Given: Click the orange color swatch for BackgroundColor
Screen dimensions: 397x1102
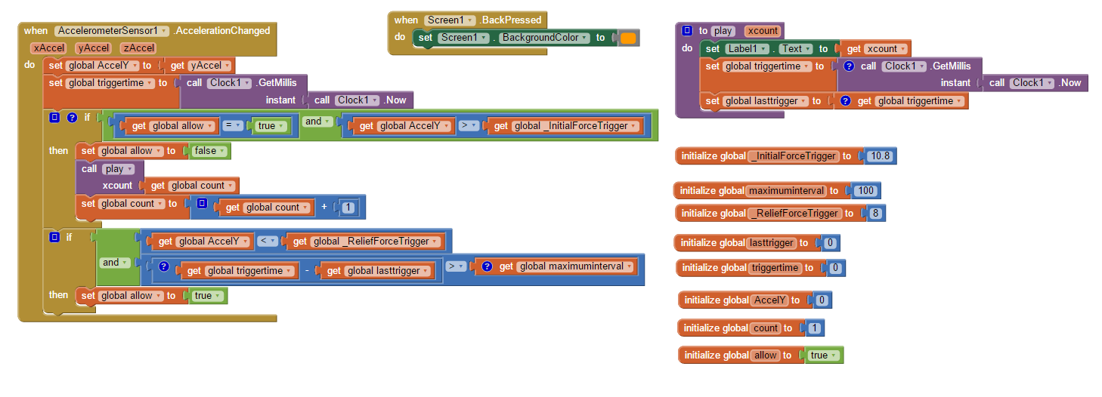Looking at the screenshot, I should click(629, 38).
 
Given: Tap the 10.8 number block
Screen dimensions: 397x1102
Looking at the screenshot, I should click(880, 156).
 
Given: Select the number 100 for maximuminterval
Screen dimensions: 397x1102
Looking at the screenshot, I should click(865, 190).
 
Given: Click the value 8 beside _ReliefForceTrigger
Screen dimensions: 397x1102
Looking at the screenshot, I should click(875, 213).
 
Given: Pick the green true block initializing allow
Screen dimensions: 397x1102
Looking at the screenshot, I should click(824, 355).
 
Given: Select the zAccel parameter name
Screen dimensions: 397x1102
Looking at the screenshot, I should click(138, 48).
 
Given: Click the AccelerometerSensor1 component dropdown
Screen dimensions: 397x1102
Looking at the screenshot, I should click(111, 31).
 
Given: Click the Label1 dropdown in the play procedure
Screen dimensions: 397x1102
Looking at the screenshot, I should click(747, 49).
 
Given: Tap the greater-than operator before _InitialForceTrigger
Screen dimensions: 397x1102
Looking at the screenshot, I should click(468, 126).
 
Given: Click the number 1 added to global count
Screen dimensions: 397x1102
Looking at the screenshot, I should click(348, 208).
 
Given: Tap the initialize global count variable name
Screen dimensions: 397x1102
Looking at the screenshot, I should click(765, 328).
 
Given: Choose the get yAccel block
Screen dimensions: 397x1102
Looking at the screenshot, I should click(200, 66).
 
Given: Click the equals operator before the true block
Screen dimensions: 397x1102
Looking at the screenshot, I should click(233, 126).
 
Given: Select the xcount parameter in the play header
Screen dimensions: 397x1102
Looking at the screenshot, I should click(762, 31).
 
